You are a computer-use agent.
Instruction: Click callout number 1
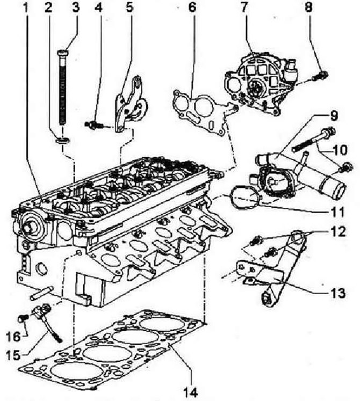[x=25, y=8]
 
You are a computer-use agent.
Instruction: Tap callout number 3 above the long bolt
[x=76, y=8]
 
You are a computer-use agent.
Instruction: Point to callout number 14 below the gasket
[x=191, y=391]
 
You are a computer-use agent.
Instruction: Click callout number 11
[x=338, y=212]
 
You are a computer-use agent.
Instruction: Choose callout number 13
[x=338, y=293]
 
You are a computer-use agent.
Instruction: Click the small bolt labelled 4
[x=93, y=125]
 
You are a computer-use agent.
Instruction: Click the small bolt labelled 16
[x=23, y=319]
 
